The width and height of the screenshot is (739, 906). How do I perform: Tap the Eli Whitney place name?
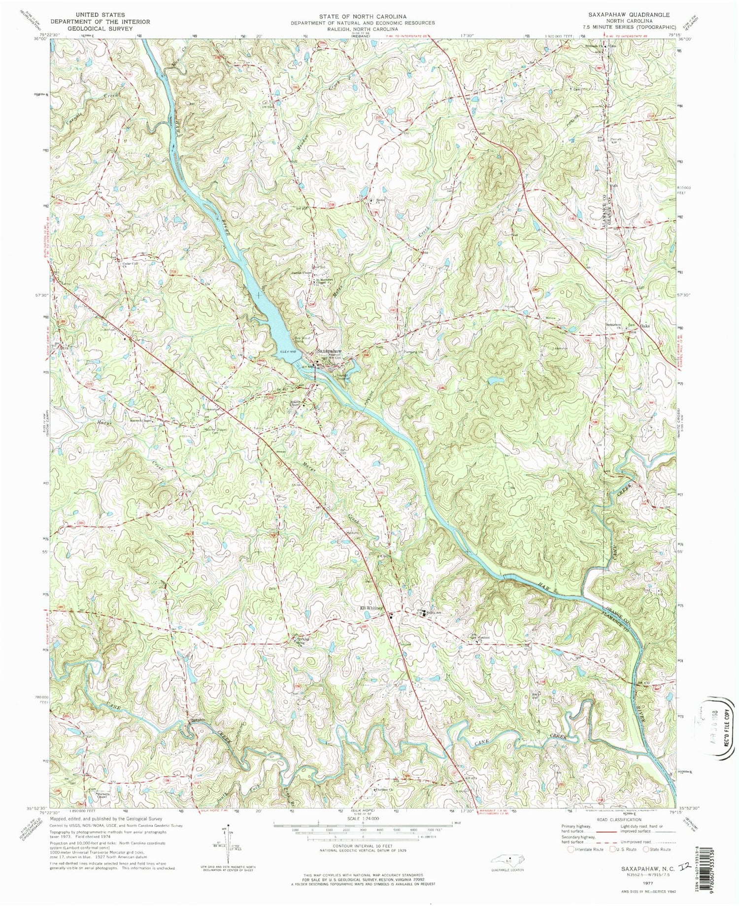371,608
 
